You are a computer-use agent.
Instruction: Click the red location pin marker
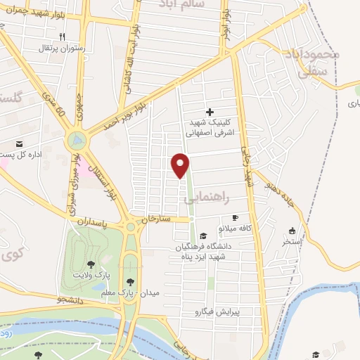181,165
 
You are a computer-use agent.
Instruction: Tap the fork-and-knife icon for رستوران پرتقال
62,37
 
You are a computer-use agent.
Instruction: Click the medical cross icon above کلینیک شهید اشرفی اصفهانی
209,112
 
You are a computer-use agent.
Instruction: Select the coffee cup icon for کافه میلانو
236,217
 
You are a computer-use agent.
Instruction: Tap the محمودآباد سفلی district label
314,62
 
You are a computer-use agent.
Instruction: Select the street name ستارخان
156,219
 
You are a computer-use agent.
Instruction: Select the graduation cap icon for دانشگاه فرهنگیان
203,236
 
